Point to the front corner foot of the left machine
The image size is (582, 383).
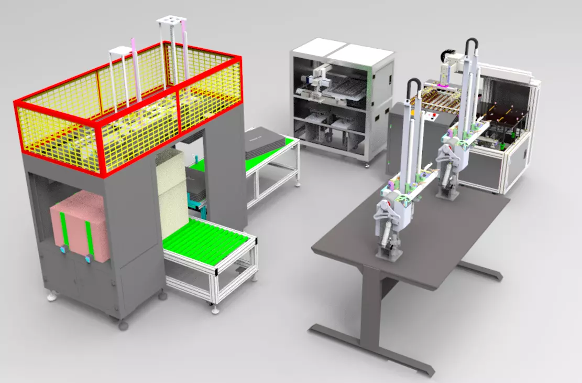[x=123, y=325]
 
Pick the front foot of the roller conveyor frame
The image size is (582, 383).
[x=215, y=310]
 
